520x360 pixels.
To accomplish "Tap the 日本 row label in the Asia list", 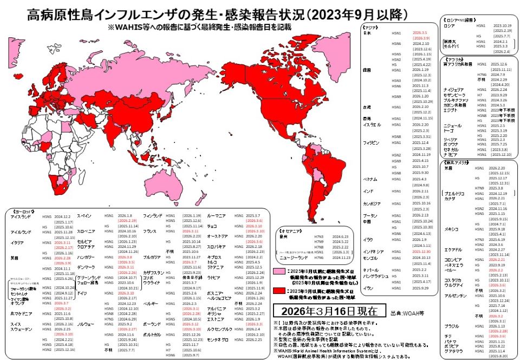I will tap(366, 34).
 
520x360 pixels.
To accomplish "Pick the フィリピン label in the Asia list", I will tap(370, 142).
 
